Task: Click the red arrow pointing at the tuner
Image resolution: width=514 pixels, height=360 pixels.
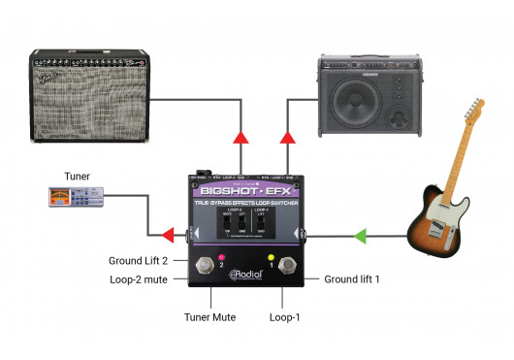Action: (167, 234)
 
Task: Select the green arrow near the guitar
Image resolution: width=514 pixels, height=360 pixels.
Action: (360, 234)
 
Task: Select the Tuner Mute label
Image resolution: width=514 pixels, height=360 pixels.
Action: (209, 316)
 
